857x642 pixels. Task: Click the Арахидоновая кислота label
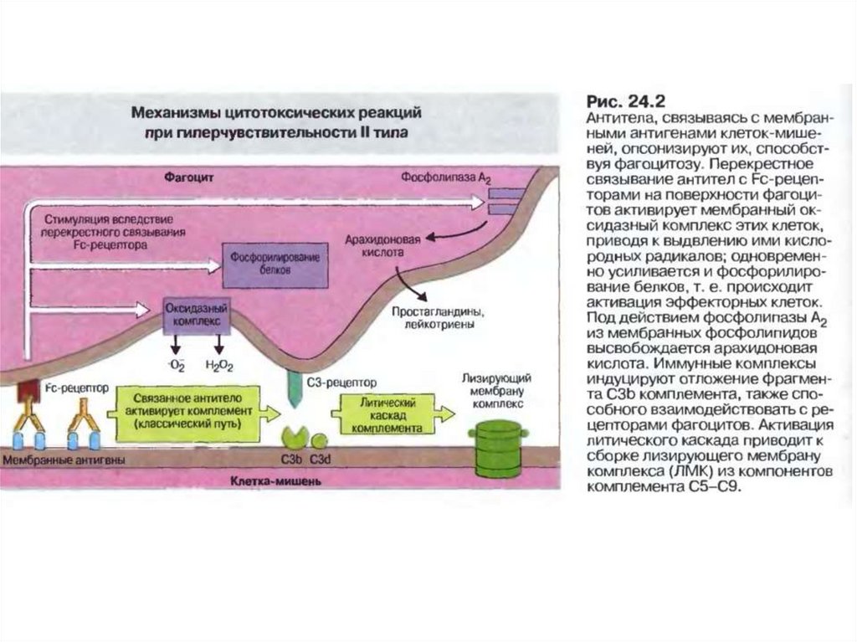tap(373, 244)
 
